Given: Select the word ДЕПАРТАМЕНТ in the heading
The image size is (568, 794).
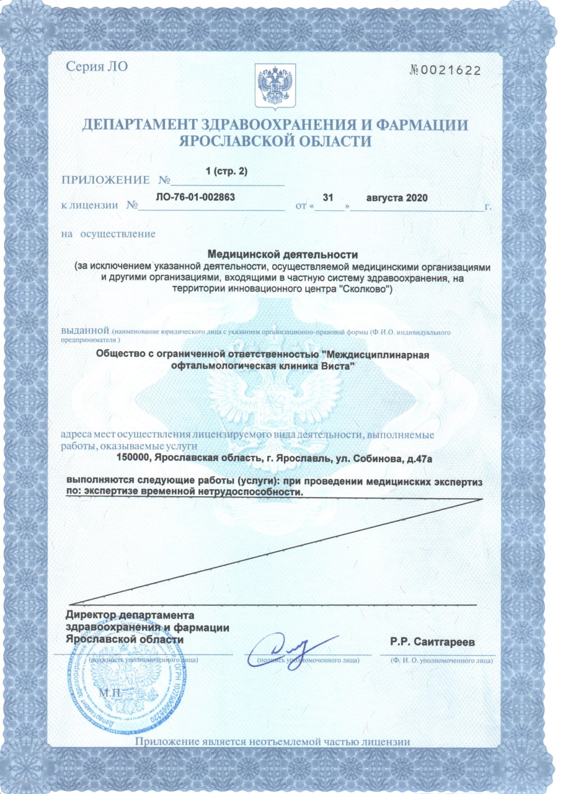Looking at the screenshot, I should [143, 125].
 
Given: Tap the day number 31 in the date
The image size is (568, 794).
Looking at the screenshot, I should [329, 197].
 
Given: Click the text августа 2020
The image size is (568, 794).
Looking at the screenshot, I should [397, 198].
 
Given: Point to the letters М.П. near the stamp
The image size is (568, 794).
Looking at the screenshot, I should [113, 691].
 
